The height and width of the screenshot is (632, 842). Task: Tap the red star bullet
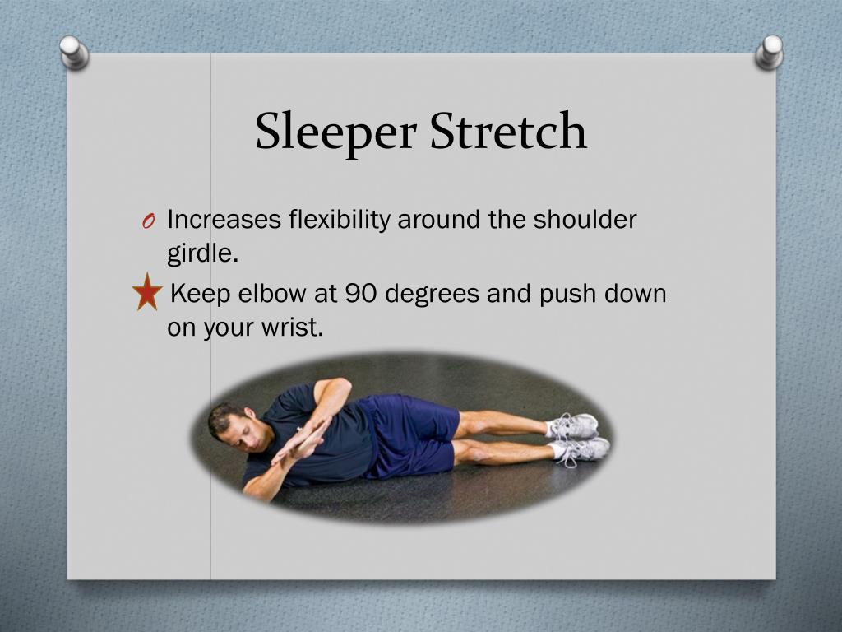coord(146,293)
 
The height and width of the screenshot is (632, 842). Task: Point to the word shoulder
coord(585,220)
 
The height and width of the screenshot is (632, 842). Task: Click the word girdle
coord(201,253)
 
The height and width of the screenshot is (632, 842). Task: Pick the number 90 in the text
coord(363,293)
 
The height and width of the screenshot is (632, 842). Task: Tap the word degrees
coord(433,295)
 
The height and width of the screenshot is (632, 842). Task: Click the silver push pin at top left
coord(75,51)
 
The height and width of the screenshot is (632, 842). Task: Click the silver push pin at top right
coord(770,51)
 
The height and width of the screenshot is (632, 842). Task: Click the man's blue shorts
coord(411,432)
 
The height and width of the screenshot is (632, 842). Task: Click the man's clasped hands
coord(301,440)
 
